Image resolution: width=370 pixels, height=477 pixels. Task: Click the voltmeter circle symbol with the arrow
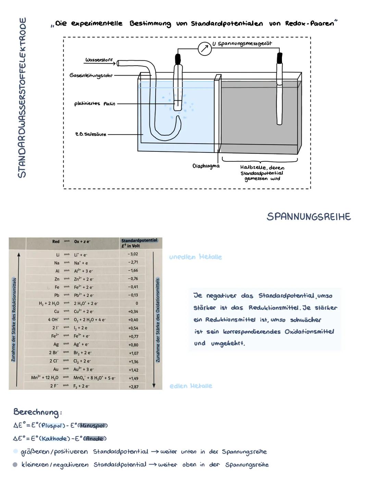(x=205, y=49)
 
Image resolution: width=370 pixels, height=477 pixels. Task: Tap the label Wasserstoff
(x=99, y=60)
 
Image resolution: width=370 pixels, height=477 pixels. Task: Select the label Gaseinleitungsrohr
(x=91, y=75)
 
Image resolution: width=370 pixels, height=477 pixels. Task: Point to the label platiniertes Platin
(x=95, y=104)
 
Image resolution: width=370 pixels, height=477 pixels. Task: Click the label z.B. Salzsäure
(x=90, y=134)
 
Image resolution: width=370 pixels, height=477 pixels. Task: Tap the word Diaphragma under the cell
(x=206, y=166)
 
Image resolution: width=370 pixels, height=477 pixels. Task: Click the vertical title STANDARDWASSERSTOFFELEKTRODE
(x=22, y=97)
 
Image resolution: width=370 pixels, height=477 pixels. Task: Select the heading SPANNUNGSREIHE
(x=308, y=217)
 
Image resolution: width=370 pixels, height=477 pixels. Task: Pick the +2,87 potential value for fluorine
(x=133, y=386)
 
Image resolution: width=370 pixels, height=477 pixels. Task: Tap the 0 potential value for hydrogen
(x=136, y=303)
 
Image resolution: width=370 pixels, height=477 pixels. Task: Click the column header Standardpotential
(x=139, y=240)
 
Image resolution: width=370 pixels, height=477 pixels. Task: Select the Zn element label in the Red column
(x=57, y=279)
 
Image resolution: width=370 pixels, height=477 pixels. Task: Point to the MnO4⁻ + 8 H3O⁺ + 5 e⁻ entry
(x=94, y=378)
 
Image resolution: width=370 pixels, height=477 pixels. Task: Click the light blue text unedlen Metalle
(x=195, y=257)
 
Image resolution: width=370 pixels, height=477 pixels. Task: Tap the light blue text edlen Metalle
(x=191, y=386)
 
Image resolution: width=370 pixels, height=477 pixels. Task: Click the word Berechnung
(x=36, y=412)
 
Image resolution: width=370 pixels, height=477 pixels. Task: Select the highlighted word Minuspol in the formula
(x=92, y=426)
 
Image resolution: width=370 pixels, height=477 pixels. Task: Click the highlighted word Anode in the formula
(x=95, y=439)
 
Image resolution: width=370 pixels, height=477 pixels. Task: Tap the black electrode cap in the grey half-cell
(x=280, y=58)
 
